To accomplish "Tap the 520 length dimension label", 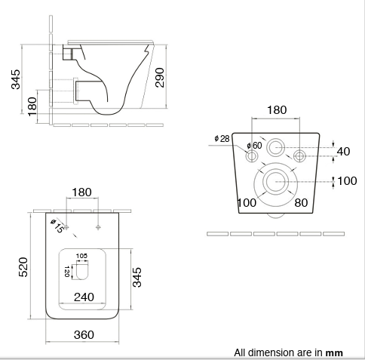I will (x=23, y=266).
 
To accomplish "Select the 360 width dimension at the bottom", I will (x=84, y=334).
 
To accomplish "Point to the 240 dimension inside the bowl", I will (x=84, y=297).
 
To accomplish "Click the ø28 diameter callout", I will (x=222, y=138).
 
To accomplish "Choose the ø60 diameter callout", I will (x=254, y=145).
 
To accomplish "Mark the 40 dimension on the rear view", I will (x=343, y=152).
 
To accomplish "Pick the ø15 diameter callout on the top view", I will (x=57, y=225).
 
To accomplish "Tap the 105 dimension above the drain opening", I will (x=81, y=256).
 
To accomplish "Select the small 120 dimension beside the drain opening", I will (x=67, y=270).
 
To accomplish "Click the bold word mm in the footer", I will (x=334, y=352).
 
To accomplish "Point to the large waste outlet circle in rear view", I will (x=276, y=180).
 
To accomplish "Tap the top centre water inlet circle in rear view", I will (x=276, y=146).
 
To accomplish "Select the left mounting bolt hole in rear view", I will (x=252, y=156).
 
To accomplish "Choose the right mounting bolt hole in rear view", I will (x=300, y=156).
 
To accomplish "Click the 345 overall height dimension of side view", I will (x=16, y=78).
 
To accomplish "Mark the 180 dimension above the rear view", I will (x=277, y=110).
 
